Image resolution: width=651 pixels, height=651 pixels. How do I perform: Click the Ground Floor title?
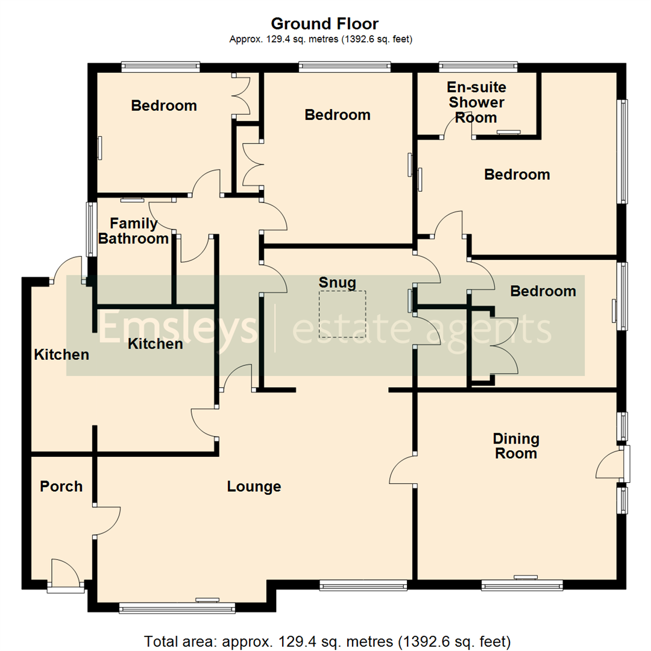(x=325, y=24)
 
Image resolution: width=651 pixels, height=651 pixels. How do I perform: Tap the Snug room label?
(x=337, y=283)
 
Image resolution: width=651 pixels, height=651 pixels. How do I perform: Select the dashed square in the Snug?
(x=342, y=314)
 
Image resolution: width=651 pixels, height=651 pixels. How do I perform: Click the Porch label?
(x=61, y=486)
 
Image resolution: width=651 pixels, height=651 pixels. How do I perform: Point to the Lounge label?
(x=254, y=486)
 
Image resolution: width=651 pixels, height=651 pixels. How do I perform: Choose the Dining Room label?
(x=516, y=446)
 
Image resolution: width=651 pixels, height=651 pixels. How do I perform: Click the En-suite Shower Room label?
(x=476, y=102)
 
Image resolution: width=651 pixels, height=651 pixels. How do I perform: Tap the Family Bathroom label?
(x=133, y=231)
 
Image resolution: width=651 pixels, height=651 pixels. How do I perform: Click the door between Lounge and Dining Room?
(x=403, y=469)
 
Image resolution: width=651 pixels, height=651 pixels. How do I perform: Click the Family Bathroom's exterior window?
(x=90, y=229)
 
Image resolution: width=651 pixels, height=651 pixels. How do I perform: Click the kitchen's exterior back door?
(x=66, y=269)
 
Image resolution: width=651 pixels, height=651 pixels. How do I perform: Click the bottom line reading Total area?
(x=327, y=641)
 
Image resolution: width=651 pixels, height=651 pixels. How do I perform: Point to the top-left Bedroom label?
(x=164, y=105)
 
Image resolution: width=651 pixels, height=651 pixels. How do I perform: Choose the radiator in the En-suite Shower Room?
(x=509, y=133)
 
